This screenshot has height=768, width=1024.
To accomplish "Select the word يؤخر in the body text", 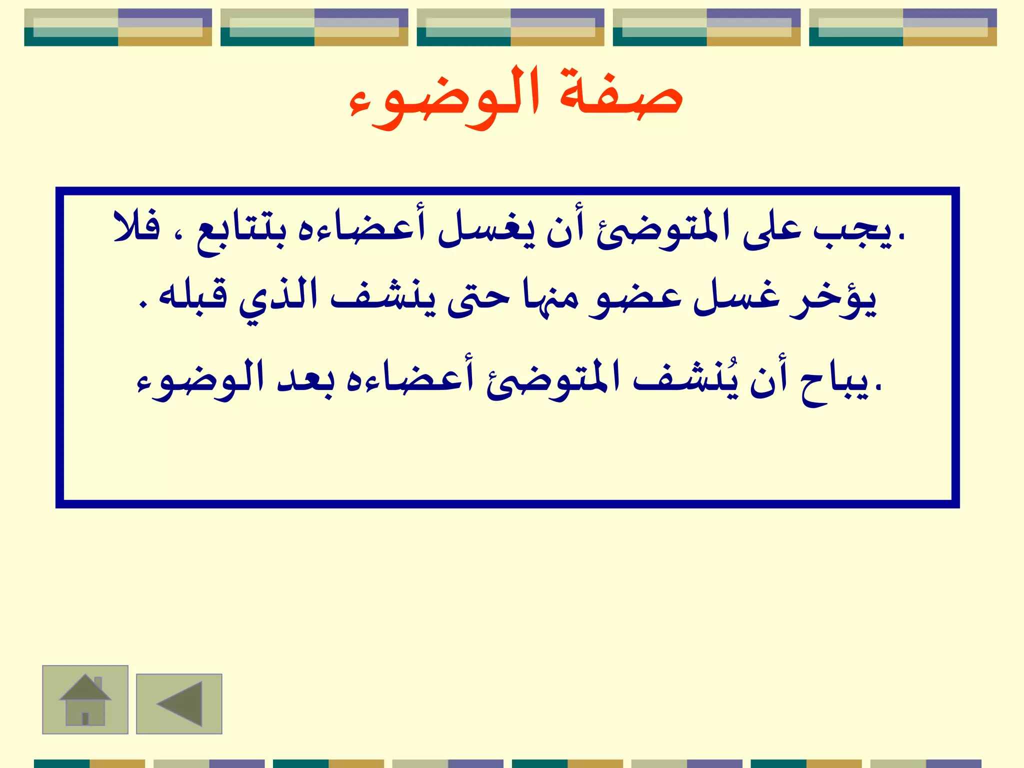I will pyautogui.click(x=833, y=300).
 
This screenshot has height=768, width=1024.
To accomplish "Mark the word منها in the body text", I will pyautogui.click(x=550, y=297).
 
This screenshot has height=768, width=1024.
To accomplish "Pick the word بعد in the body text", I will pyautogui.click(x=305, y=380).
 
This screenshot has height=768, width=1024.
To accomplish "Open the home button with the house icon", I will pyautogui.click(x=85, y=699).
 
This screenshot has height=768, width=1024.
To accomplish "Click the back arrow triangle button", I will pyautogui.click(x=179, y=703).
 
